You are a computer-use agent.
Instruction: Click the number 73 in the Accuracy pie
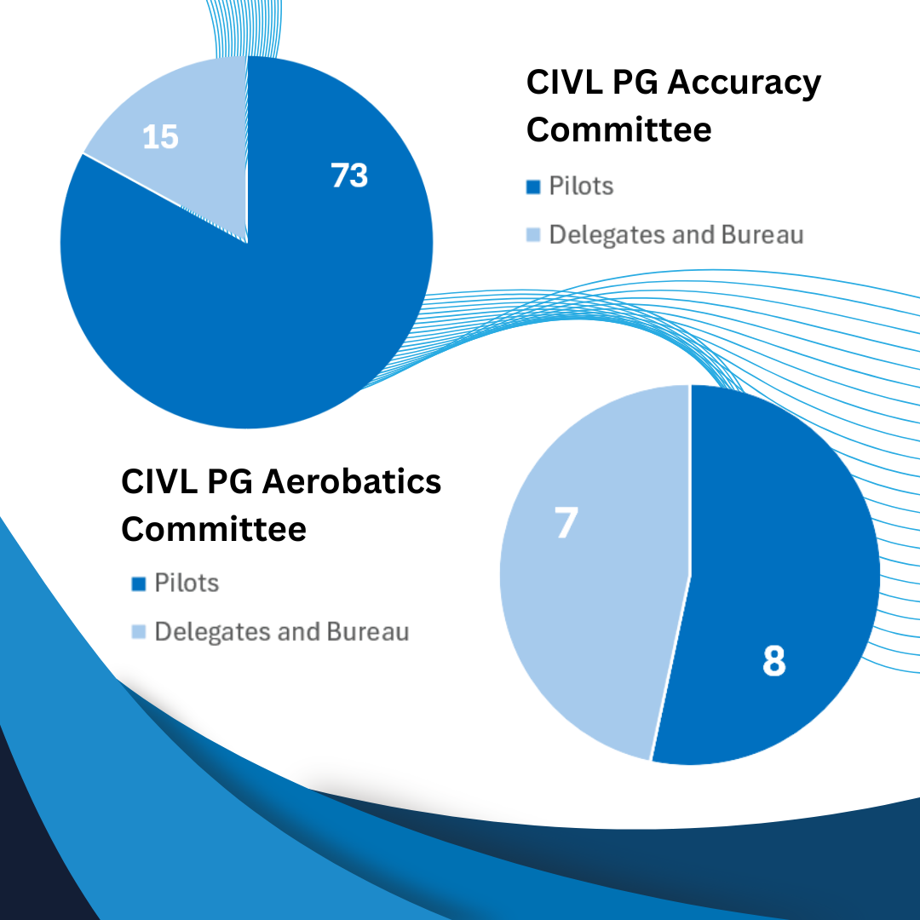(x=349, y=175)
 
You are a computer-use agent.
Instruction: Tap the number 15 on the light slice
(x=160, y=136)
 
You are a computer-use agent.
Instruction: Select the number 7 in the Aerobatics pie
(x=566, y=523)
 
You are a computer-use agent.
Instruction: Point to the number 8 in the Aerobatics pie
(x=773, y=661)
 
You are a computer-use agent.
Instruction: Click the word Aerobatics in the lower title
(x=350, y=481)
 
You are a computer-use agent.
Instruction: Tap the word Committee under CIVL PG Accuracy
(x=618, y=130)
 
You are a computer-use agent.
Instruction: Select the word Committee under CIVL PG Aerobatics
(x=213, y=529)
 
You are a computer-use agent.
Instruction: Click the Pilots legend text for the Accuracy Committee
(x=581, y=186)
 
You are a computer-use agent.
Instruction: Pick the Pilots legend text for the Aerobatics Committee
(x=187, y=584)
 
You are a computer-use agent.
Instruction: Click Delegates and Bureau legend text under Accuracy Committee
(x=676, y=234)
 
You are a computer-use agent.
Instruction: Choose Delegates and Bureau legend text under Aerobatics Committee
(x=282, y=632)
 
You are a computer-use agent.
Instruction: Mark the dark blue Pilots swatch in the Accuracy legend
(x=534, y=187)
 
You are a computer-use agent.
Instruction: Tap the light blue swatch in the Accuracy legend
(x=534, y=235)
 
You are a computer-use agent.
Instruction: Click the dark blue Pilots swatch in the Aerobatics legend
(x=139, y=584)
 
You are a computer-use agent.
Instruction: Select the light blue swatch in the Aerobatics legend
(x=139, y=633)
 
